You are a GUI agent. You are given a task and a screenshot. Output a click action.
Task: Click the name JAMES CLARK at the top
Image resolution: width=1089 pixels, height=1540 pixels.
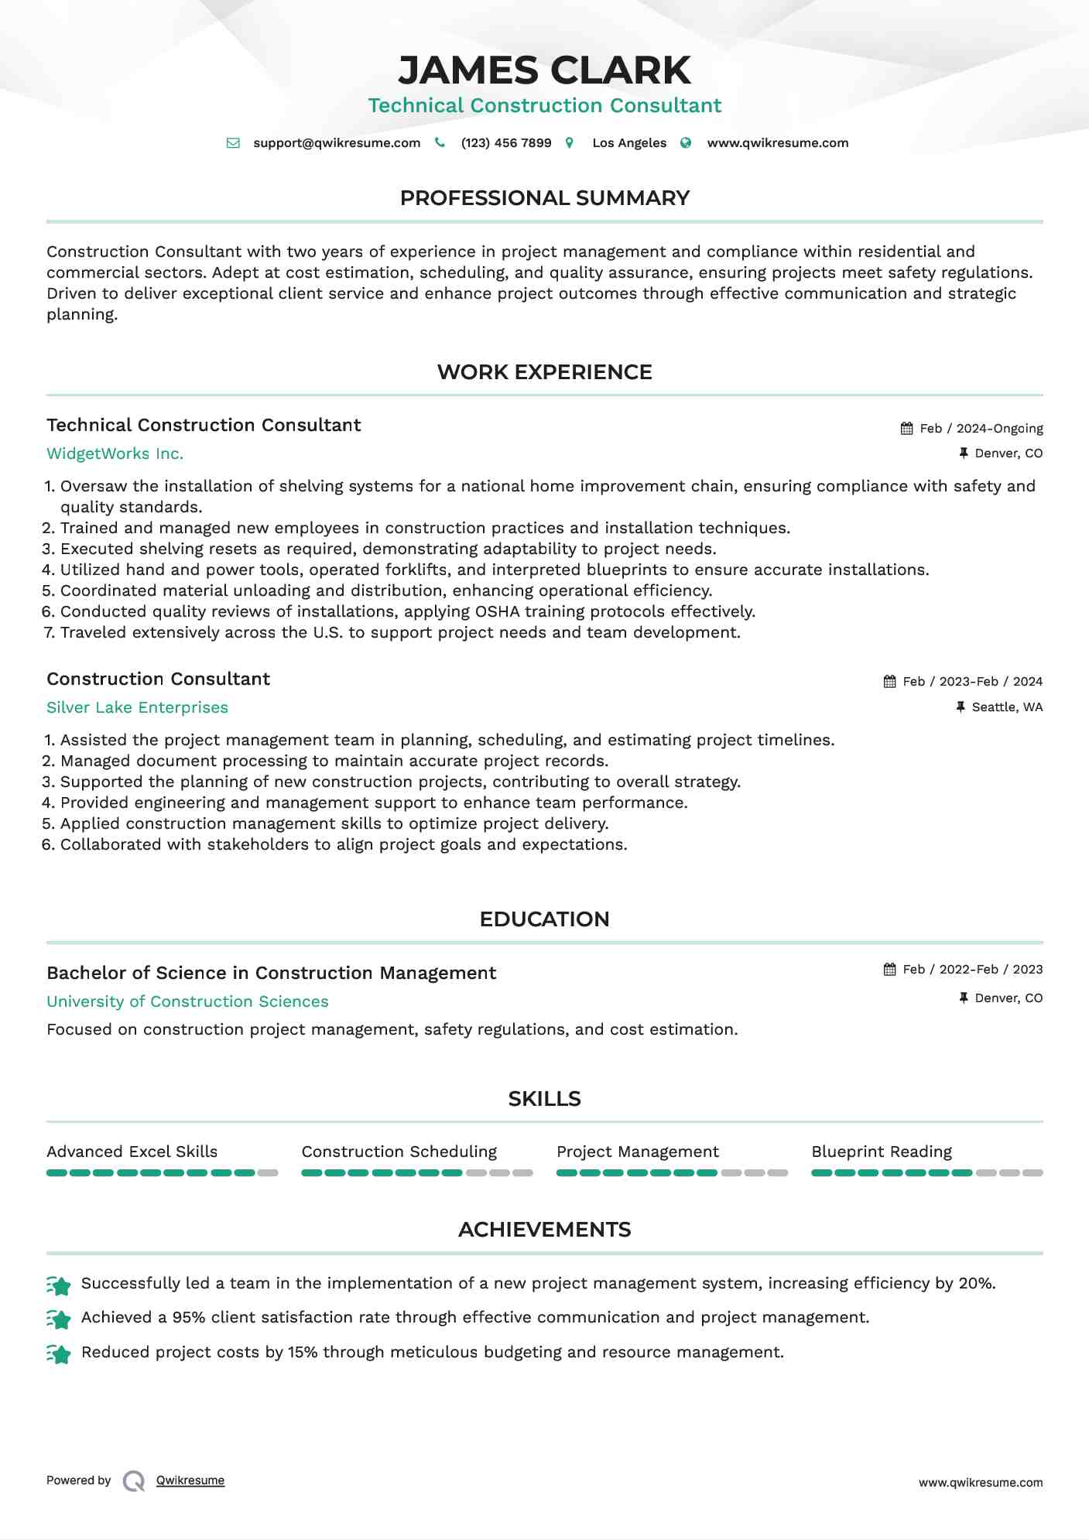tap(544, 70)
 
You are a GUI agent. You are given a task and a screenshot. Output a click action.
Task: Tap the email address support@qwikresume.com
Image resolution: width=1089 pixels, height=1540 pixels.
tap(337, 143)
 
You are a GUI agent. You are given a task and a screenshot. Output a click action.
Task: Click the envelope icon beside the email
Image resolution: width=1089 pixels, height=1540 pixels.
tap(233, 143)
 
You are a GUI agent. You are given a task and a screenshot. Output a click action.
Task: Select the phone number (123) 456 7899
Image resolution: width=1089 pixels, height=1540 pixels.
tap(506, 143)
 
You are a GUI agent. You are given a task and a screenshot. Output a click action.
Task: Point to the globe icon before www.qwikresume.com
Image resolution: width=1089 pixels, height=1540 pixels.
tap(686, 143)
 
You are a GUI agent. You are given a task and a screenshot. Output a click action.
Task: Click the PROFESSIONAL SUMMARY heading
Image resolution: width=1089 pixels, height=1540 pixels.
tap(544, 198)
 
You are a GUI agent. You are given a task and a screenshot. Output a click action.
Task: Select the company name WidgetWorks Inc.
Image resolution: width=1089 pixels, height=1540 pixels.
tap(115, 454)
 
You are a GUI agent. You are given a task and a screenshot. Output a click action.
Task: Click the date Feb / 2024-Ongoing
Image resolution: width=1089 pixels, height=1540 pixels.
tap(981, 429)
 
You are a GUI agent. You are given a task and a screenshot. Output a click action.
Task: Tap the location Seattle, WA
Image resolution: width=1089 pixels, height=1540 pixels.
tap(1007, 707)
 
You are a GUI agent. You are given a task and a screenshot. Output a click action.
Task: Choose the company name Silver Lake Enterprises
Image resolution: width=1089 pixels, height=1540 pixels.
tap(137, 708)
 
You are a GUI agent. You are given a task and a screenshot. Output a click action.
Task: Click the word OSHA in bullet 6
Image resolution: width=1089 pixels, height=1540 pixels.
tap(497, 612)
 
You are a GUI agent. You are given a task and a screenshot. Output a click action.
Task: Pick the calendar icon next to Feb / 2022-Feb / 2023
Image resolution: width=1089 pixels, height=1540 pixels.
tap(890, 970)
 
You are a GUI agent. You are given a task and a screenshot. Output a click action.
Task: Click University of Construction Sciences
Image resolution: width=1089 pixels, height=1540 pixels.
tap(187, 1002)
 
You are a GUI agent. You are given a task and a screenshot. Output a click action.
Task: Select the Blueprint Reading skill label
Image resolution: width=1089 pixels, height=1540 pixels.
tap(882, 1152)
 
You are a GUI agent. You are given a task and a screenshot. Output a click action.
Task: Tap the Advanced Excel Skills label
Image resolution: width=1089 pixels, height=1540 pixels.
tap(132, 1152)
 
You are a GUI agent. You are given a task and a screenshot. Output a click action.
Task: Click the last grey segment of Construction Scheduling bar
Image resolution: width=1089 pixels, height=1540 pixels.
tap(523, 1173)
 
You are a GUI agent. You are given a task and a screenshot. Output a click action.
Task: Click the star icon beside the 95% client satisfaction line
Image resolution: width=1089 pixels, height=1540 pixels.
tap(59, 1319)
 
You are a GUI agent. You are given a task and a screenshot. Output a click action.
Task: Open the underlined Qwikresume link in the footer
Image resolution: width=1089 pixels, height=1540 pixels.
tap(190, 1481)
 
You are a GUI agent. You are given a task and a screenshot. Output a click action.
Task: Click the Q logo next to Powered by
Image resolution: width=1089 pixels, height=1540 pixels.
tap(134, 1481)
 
